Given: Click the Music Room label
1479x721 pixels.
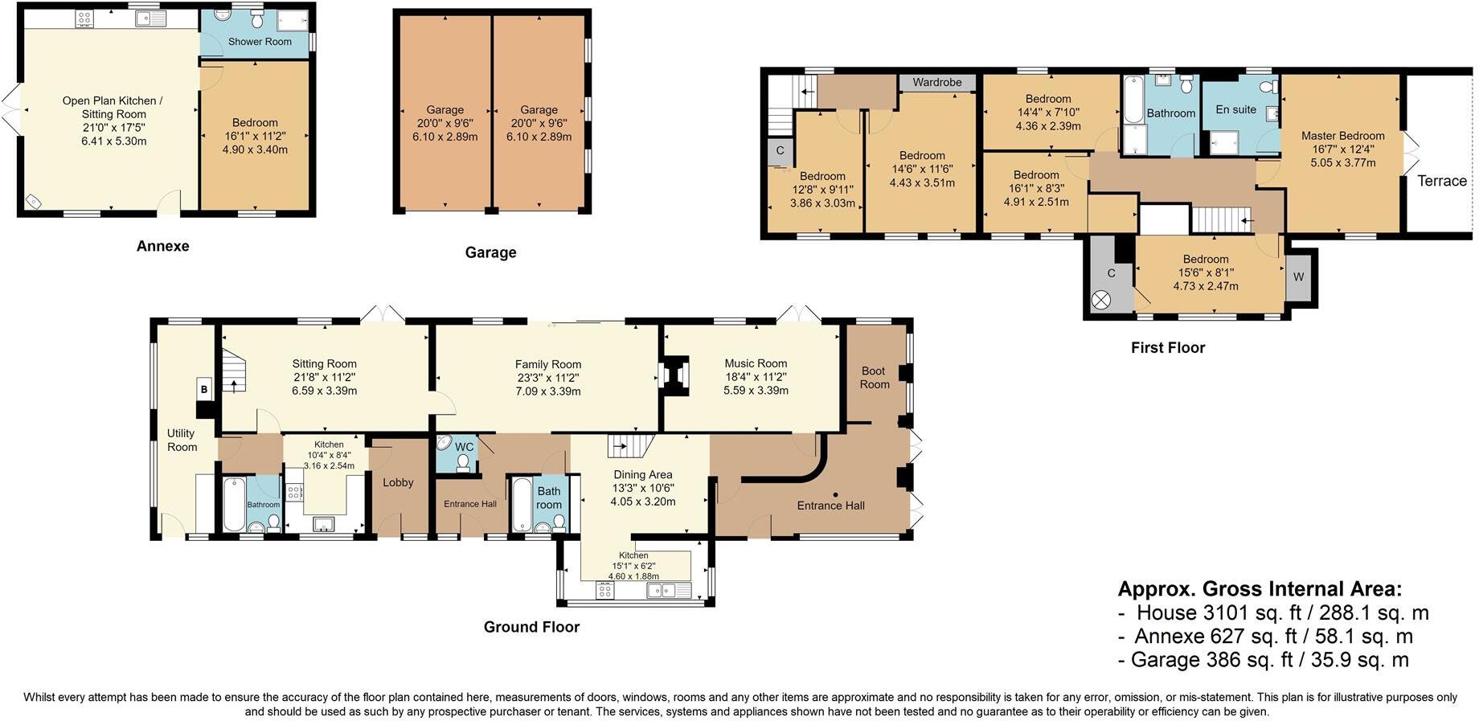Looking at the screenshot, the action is (x=756, y=363).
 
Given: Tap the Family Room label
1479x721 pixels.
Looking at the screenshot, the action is (x=548, y=364).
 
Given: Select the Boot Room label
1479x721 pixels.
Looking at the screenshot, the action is (x=875, y=378).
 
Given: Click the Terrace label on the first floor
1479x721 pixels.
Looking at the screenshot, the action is (x=1442, y=181).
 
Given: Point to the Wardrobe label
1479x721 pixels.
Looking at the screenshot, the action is (x=937, y=82).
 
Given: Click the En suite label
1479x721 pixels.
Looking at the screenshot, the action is (x=1235, y=109).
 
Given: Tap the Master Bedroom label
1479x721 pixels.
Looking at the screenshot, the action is (x=1343, y=136).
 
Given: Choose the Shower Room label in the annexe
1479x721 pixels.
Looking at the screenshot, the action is (x=260, y=41).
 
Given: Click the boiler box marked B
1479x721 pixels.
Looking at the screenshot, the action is (x=204, y=390).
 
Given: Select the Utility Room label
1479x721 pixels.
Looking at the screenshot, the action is (x=182, y=440).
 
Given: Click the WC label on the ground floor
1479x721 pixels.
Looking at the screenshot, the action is (x=465, y=447).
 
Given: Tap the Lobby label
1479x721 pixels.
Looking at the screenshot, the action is (x=398, y=482).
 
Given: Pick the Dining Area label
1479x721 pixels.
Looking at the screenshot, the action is (x=643, y=474).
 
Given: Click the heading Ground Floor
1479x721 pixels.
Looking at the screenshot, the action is (x=531, y=627).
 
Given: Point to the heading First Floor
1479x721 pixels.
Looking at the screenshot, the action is (x=1168, y=347).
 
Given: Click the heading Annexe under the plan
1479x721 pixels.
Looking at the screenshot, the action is (x=163, y=246).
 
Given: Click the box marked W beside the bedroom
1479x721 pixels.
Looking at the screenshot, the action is (x=1298, y=277).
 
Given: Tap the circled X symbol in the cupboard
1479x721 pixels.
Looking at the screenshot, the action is (x=1101, y=300).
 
